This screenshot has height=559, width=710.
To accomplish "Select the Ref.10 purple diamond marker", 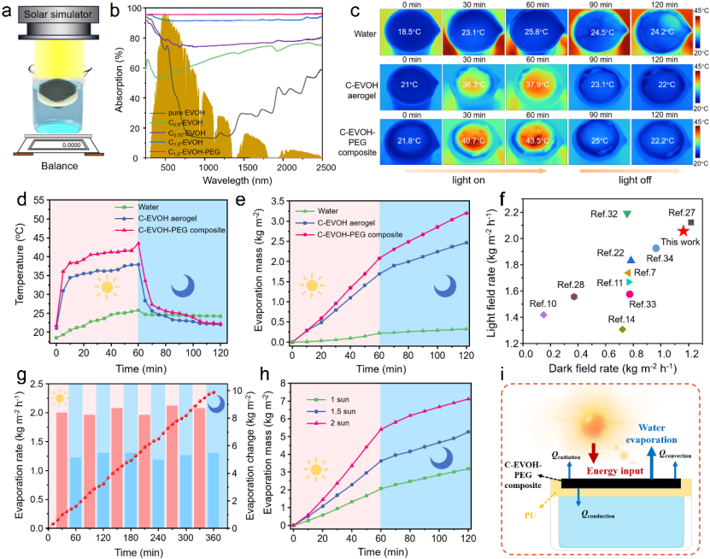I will coord(543,315).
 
